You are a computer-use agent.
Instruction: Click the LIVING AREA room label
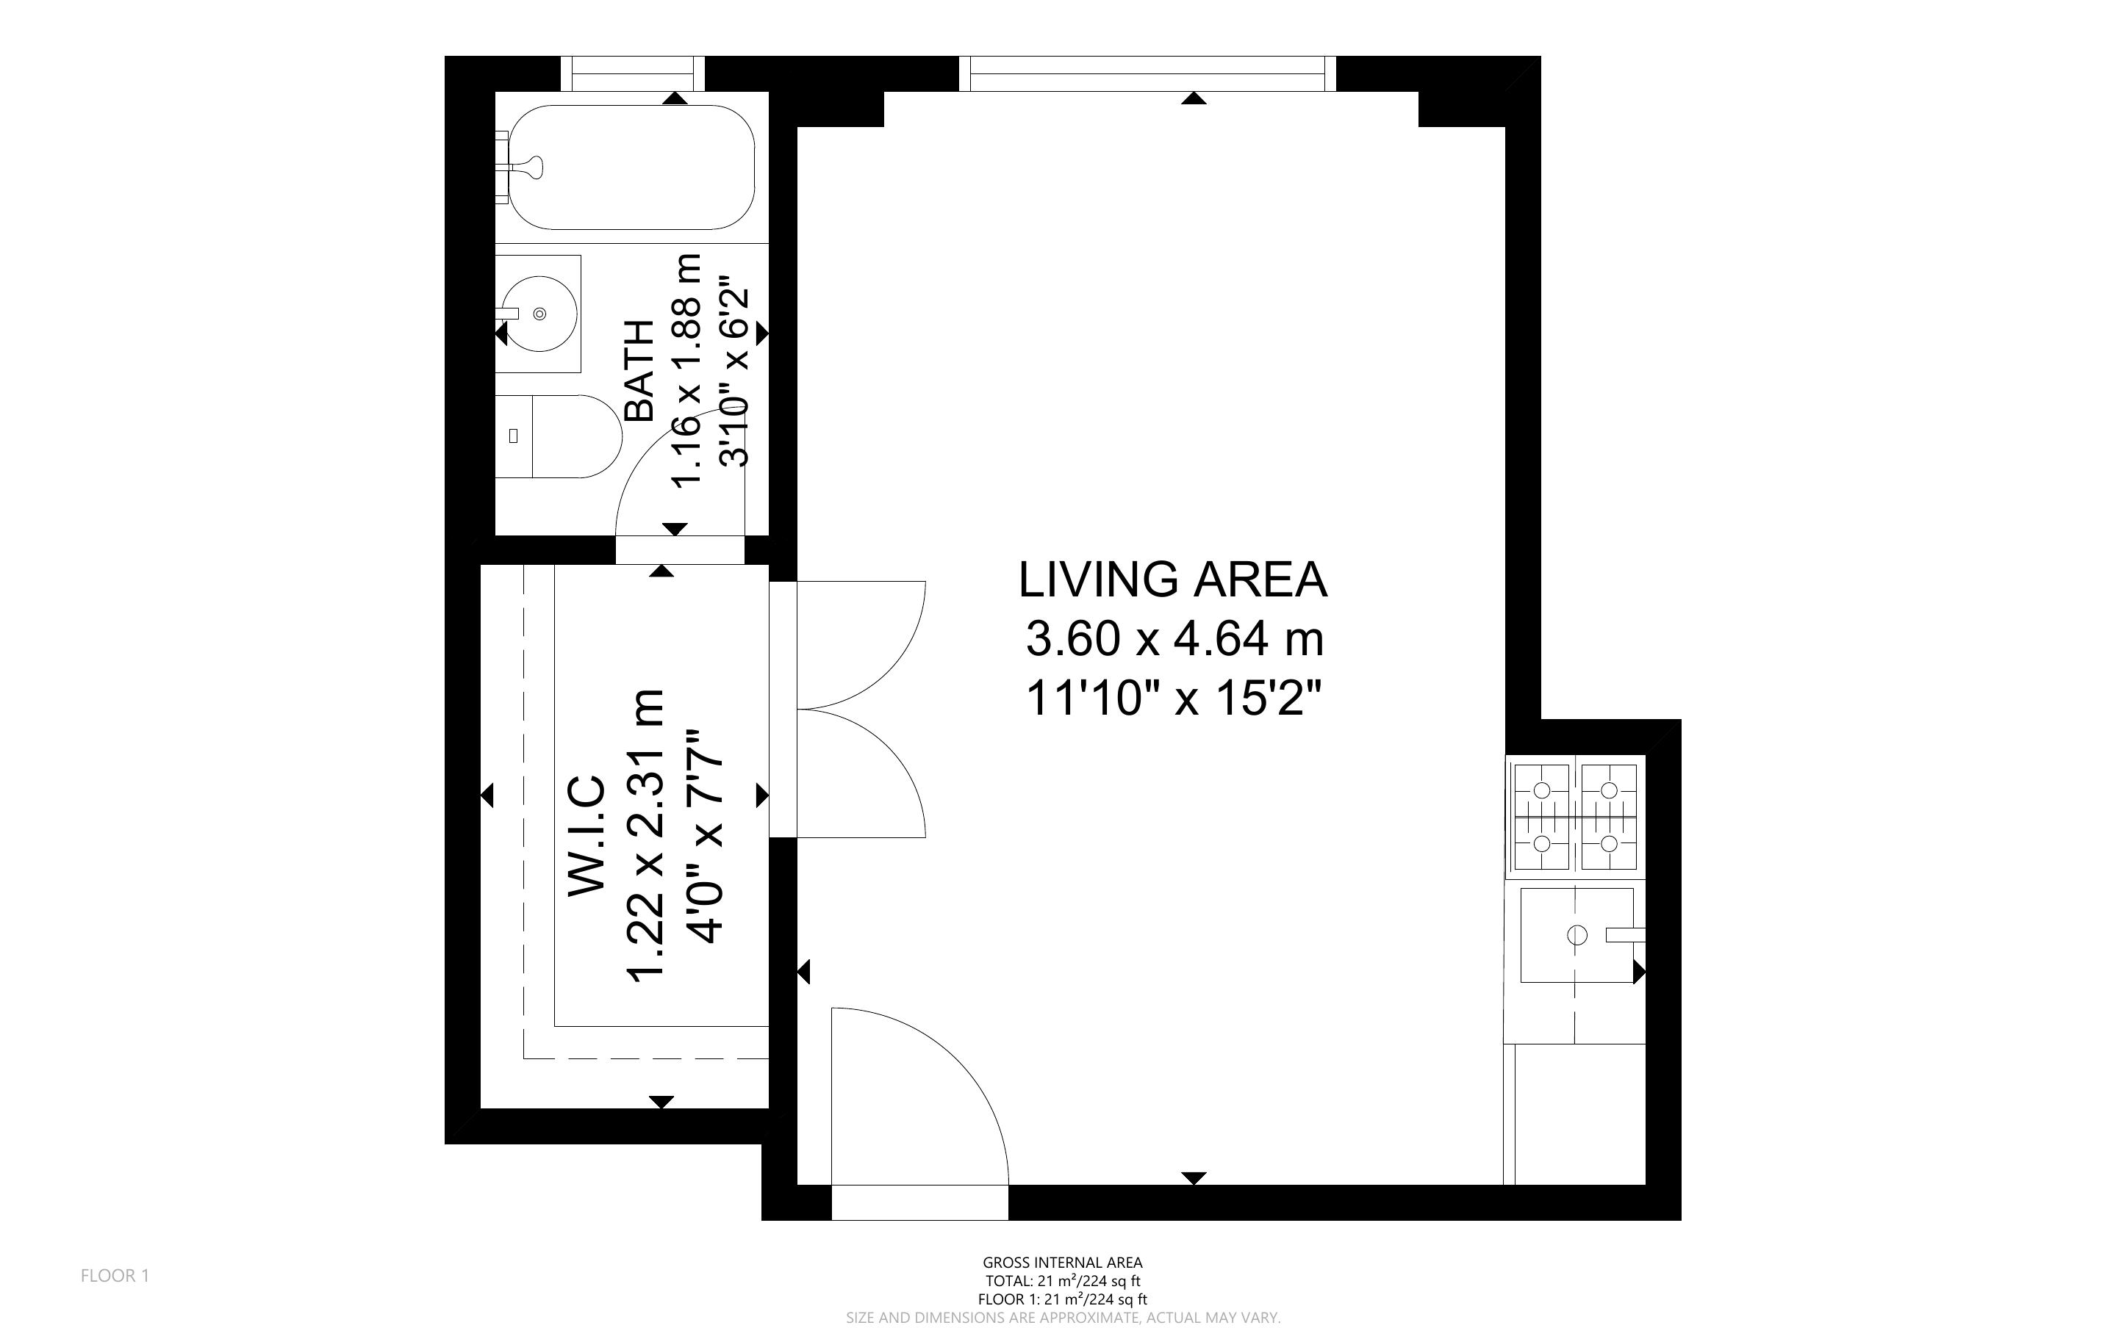click(x=1172, y=580)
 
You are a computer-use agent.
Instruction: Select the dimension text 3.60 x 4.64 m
click(x=1174, y=638)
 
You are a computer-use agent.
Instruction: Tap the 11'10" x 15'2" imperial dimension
click(x=1174, y=700)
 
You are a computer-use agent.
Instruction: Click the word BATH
click(x=639, y=371)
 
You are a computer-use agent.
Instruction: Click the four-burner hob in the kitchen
click(x=1575, y=817)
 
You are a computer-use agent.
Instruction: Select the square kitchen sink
click(x=1577, y=935)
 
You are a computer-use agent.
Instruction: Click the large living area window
click(x=1147, y=73)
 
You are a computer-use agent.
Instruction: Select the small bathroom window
click(x=633, y=73)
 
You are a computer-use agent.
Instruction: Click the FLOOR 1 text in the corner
click(x=115, y=1275)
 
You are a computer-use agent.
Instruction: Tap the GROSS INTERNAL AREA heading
click(x=1062, y=1263)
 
